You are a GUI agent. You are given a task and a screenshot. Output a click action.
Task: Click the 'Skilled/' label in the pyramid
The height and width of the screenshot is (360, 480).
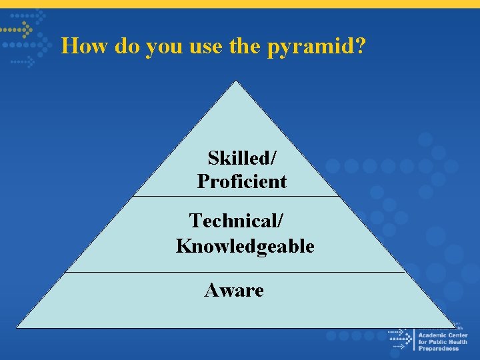point(241,158)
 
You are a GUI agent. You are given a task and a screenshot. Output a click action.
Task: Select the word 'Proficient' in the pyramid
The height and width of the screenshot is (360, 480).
point(241,181)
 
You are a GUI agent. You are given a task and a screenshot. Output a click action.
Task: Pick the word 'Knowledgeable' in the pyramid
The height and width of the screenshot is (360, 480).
point(245,246)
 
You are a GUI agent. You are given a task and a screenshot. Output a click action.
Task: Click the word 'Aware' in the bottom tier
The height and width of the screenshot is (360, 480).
point(234,290)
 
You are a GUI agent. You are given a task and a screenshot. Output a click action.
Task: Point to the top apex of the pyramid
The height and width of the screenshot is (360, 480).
point(235,81)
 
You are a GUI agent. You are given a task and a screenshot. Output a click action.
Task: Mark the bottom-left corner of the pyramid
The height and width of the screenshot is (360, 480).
point(17,327)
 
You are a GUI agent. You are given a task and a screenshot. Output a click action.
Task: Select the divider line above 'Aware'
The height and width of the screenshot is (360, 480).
point(235,272)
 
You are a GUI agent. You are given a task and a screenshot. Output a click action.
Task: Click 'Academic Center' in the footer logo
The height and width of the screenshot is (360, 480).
point(442,335)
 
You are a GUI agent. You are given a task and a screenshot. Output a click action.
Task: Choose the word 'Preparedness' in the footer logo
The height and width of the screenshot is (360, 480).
point(438,349)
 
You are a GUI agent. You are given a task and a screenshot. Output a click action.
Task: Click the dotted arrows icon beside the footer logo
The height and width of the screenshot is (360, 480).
point(400,338)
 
